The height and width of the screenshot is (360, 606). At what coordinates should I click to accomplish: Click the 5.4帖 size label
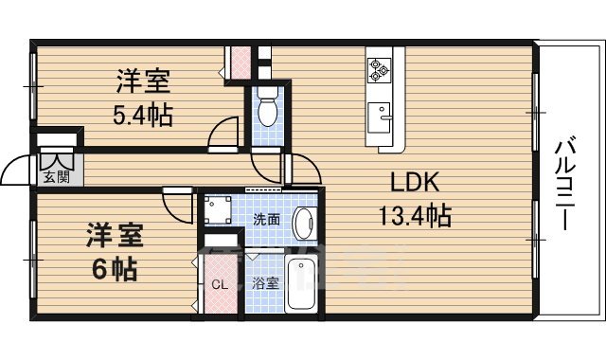point(143,116)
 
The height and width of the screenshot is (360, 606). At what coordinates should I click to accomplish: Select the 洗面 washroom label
point(266,219)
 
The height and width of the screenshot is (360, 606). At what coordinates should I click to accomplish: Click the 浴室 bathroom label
point(265,282)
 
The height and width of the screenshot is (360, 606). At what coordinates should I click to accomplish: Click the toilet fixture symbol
point(267,107)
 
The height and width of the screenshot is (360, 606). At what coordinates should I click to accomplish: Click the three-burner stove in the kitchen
point(379,68)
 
